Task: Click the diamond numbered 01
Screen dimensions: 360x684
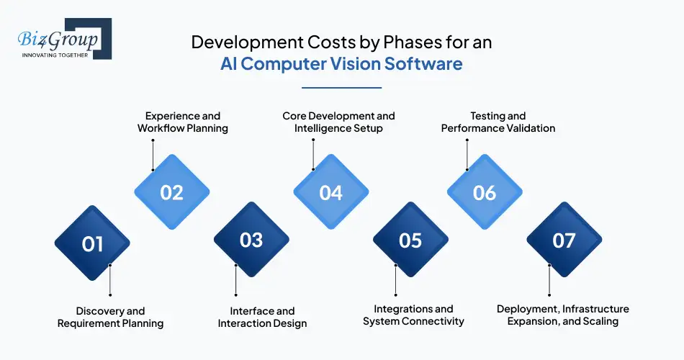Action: (x=92, y=243)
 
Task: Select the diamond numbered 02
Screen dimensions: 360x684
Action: (x=172, y=192)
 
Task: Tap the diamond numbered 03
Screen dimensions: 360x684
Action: (x=251, y=239)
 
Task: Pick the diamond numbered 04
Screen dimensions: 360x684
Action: (x=330, y=192)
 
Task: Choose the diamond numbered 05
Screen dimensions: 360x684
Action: (x=410, y=239)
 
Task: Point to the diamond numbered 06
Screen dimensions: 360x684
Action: (x=485, y=192)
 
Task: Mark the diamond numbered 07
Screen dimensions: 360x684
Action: (x=564, y=239)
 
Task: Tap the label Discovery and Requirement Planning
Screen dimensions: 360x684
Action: (x=111, y=317)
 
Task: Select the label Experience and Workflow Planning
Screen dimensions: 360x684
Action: (x=183, y=122)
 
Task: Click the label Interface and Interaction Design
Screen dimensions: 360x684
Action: (x=263, y=317)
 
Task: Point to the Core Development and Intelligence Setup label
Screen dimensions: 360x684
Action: (x=338, y=122)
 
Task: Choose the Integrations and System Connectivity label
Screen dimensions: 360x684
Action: (x=413, y=315)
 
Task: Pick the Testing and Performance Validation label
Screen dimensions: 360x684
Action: (x=498, y=122)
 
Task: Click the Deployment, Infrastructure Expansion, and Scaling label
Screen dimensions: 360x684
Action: (x=563, y=315)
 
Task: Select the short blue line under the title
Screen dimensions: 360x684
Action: (x=341, y=88)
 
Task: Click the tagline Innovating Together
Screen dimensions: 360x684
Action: (x=55, y=54)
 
